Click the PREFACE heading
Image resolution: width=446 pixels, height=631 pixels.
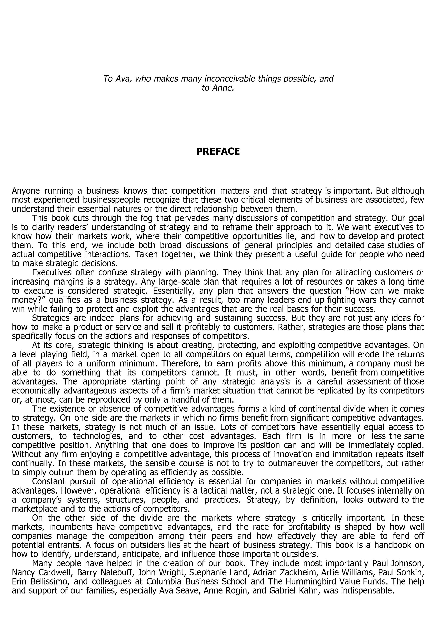218,152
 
